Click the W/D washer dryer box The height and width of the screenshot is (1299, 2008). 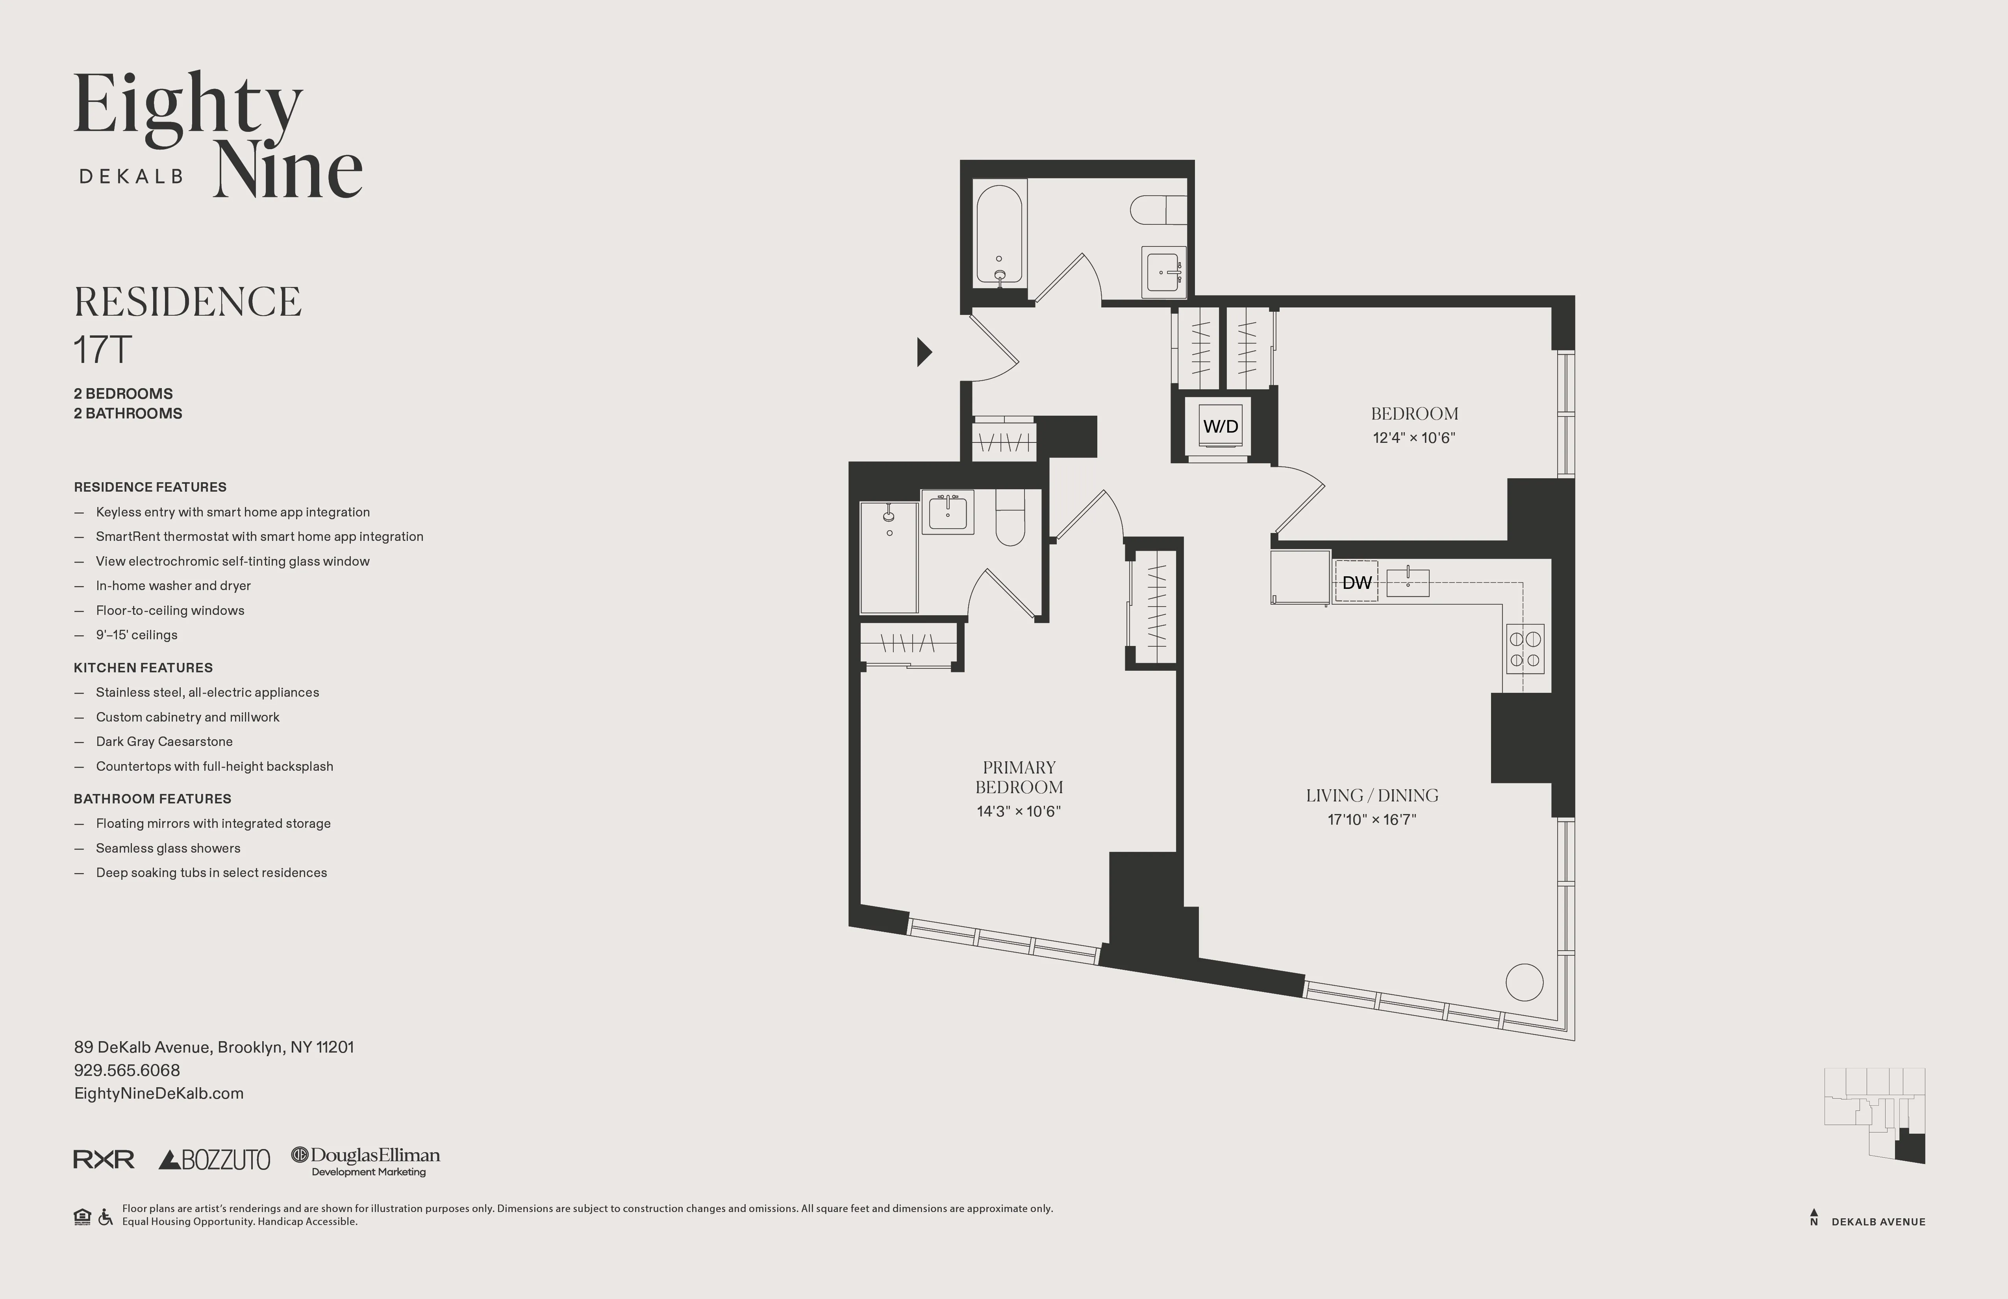click(x=1220, y=426)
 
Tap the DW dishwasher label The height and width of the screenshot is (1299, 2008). click(x=1356, y=582)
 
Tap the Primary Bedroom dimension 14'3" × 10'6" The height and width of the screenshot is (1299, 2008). click(x=1018, y=811)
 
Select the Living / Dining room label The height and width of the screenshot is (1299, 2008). click(x=1372, y=796)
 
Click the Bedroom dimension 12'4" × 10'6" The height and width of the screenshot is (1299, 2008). click(x=1414, y=438)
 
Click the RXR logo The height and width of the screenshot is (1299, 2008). click(x=104, y=1160)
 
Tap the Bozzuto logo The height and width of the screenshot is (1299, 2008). click(x=214, y=1160)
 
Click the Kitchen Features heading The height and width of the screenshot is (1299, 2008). click(x=143, y=667)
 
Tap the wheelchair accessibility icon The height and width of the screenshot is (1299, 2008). click(x=106, y=1217)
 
